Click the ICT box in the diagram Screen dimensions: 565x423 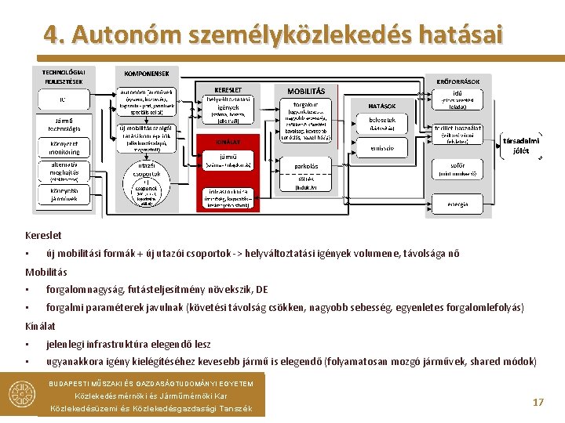(x=63, y=100)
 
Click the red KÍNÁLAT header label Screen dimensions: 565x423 (x=228, y=142)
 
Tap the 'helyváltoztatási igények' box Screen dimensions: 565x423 (x=228, y=110)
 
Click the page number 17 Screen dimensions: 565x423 (x=538, y=402)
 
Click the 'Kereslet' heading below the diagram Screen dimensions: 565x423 (x=43, y=235)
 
